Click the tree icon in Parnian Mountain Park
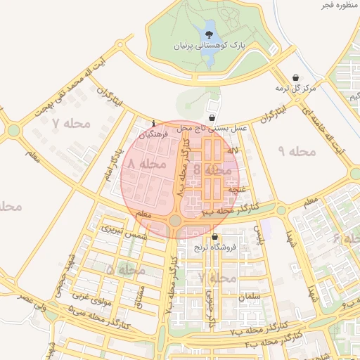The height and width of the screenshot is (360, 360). point(210,33)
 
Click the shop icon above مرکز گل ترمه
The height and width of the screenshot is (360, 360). point(295,78)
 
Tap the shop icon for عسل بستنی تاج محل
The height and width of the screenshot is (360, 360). point(212,117)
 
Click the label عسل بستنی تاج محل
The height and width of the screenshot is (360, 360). point(212,128)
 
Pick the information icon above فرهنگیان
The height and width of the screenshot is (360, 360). point(154,123)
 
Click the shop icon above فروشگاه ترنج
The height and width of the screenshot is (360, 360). point(214,237)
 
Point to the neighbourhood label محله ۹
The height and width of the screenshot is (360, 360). point(296,151)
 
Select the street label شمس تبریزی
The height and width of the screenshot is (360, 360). point(124,232)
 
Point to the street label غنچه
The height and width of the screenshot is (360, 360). point(236,189)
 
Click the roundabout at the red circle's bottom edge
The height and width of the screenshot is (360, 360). point(174,221)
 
